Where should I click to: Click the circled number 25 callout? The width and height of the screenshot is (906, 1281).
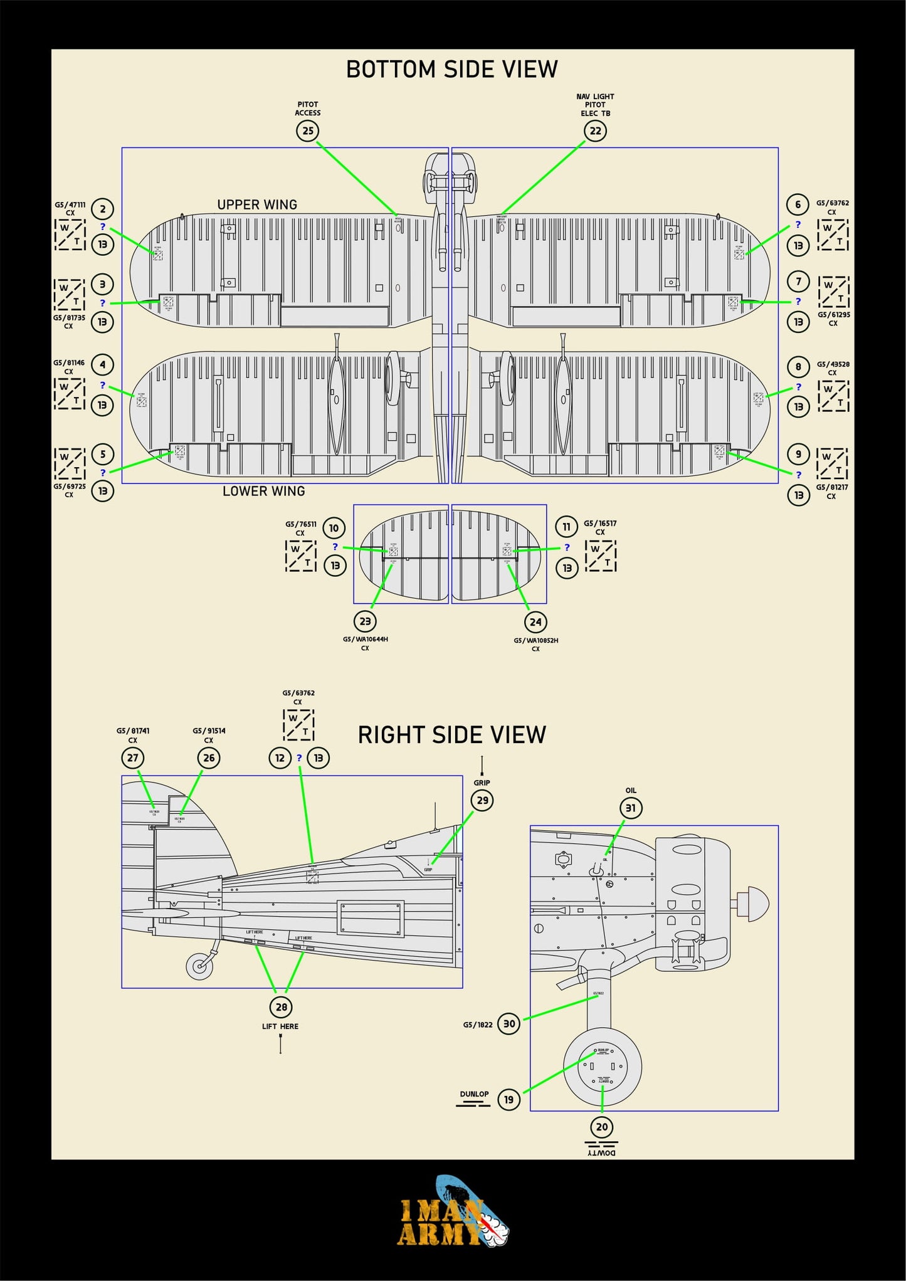(308, 131)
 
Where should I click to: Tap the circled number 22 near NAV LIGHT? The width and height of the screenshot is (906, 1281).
(595, 131)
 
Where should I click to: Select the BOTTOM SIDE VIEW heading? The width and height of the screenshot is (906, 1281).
(452, 69)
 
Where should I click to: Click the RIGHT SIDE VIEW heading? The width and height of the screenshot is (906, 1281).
(452, 735)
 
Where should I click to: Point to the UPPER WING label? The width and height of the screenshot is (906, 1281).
(257, 204)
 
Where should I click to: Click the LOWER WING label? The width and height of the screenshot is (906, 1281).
(263, 491)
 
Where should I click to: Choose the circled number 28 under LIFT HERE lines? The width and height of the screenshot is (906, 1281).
(282, 1007)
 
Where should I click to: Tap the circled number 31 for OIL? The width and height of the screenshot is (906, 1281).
(631, 808)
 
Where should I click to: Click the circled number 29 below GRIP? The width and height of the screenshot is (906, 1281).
(482, 801)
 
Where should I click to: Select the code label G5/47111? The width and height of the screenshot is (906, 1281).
(70, 205)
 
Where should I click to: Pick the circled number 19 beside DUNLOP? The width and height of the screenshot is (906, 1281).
(508, 1099)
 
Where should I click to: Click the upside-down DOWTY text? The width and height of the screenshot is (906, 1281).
(601, 1152)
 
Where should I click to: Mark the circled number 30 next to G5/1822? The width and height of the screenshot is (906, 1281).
(509, 1024)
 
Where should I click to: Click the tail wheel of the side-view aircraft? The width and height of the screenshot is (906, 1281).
(200, 966)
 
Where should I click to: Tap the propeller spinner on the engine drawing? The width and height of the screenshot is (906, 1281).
(754, 904)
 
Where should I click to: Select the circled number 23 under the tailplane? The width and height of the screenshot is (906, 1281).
(365, 621)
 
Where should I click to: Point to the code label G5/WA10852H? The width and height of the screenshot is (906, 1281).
(535, 640)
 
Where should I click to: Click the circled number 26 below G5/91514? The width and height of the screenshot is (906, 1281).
(209, 758)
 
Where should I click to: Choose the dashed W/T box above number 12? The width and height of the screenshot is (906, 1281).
(298, 725)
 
